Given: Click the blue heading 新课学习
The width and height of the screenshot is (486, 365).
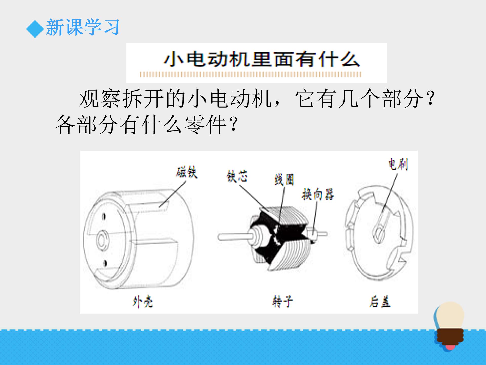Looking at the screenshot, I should click(x=83, y=27).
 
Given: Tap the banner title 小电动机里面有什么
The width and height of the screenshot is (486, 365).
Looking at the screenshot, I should click(x=261, y=60).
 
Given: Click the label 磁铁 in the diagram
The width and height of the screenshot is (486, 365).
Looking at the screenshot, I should click(x=187, y=173).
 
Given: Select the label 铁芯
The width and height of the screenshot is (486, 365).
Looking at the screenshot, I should click(x=237, y=177).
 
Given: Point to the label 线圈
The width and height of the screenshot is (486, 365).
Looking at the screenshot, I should click(x=284, y=180).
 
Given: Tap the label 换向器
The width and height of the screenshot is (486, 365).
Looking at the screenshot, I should click(x=318, y=195).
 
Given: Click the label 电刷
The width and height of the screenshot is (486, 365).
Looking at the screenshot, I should click(x=398, y=165).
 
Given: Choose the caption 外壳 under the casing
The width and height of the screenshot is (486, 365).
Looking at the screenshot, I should click(x=143, y=302).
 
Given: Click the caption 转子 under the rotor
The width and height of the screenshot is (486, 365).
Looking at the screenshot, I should click(x=282, y=302).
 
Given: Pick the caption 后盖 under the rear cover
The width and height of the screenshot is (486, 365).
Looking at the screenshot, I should click(x=380, y=302).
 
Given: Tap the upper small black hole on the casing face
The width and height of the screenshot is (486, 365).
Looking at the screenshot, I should click(x=104, y=217).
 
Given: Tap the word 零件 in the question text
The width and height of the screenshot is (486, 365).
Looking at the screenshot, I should click(x=205, y=124).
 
